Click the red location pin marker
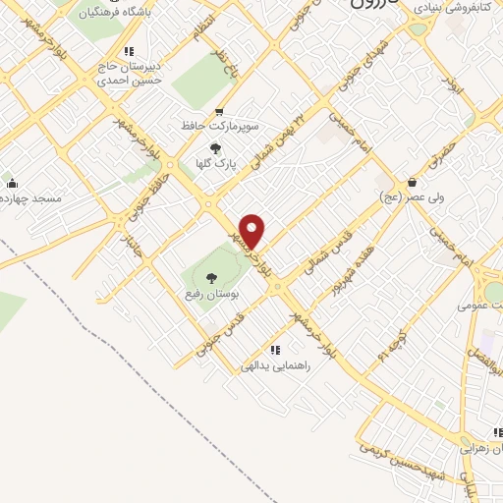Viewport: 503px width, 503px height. tap(253, 231)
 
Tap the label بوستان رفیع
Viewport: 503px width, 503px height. tap(210, 294)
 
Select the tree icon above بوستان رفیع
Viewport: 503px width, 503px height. tap(210, 277)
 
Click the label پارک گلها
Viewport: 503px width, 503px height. tap(216, 164)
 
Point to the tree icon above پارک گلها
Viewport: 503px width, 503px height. tap(215, 147)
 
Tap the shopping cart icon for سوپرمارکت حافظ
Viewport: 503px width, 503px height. tap(218, 111)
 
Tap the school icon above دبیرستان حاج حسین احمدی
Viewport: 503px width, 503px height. tap(128, 51)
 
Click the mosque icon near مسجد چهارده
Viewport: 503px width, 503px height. tap(12, 183)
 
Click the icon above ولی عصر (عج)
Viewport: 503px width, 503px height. tap(412, 183)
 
